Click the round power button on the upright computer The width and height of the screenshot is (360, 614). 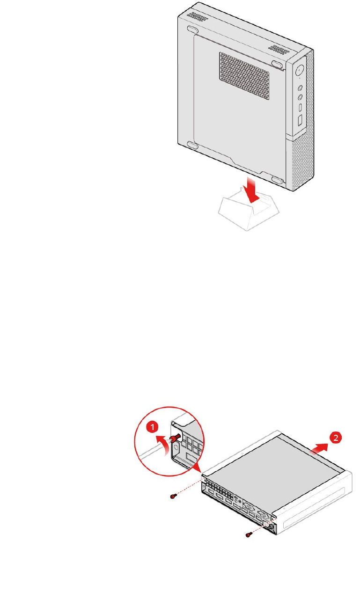pos(299,71)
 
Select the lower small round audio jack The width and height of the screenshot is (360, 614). pos(300,98)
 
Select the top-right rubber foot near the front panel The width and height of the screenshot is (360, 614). pos(277,63)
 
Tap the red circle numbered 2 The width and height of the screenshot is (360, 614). pos(335,438)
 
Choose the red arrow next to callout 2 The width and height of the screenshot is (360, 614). pos(316,445)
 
